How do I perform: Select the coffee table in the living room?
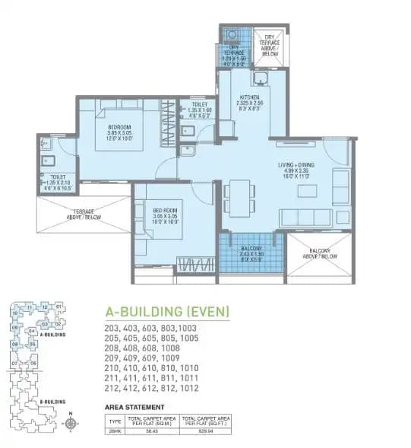308,191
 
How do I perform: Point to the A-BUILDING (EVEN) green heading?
166,311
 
